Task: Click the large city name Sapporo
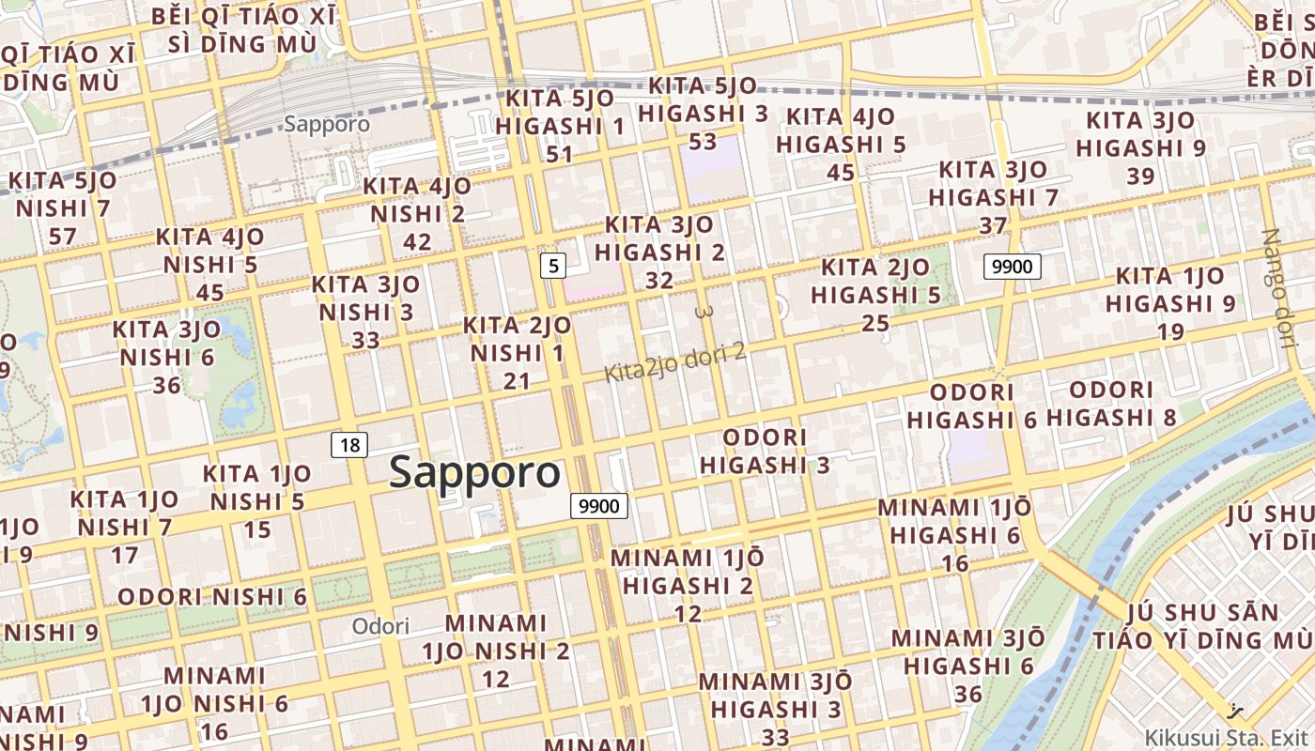[x=475, y=471]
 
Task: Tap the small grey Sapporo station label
[x=327, y=124]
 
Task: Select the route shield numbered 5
[x=553, y=266]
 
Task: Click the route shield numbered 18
[x=349, y=445]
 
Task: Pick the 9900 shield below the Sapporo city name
[x=599, y=507]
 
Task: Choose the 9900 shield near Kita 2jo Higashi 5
[x=1013, y=267]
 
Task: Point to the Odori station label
[x=380, y=626]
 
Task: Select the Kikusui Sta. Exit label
[x=1227, y=737]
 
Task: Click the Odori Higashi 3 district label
[x=766, y=452]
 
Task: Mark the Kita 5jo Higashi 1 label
[x=560, y=113]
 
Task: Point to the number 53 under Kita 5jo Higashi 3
[x=703, y=143]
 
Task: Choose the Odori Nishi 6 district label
[x=212, y=597]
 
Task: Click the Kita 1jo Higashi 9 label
[x=1169, y=290]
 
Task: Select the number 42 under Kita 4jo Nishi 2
[x=417, y=242]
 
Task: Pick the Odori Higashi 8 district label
[x=1111, y=404]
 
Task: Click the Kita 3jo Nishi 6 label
[x=167, y=344]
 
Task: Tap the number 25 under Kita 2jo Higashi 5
[x=875, y=324]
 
